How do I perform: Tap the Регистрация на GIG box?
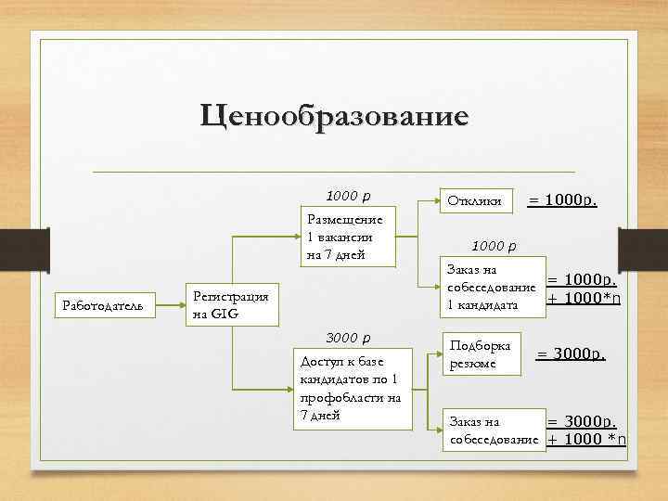(230, 304)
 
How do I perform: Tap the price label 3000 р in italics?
(348, 338)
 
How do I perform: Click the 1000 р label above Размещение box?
(348, 196)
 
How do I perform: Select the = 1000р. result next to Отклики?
(562, 199)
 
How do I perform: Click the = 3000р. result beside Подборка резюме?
(571, 353)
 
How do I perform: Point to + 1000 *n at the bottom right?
(586, 439)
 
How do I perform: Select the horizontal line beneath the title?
(334, 173)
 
